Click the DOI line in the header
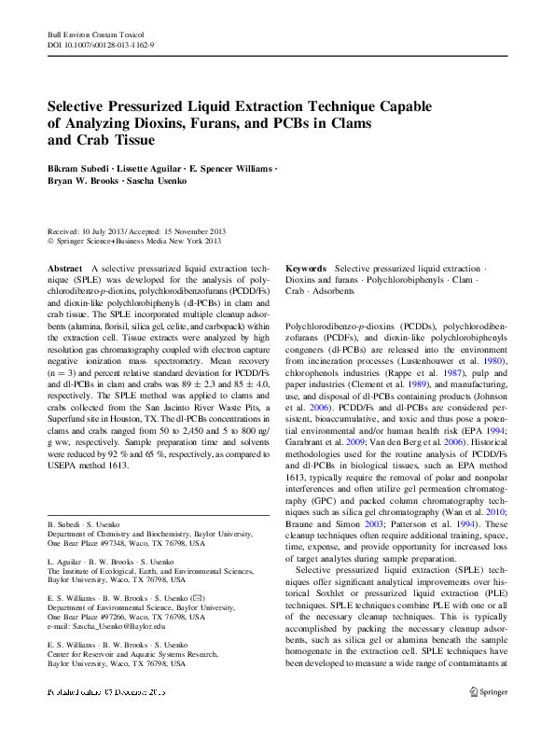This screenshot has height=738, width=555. (x=101, y=44)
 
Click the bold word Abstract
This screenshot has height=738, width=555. (x=63, y=268)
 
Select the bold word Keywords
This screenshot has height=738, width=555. (x=305, y=268)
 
